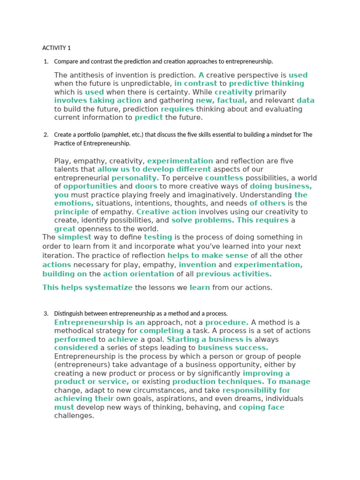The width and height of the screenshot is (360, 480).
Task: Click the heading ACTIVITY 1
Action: pos(56,48)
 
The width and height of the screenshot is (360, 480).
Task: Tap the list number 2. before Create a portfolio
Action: pos(46,135)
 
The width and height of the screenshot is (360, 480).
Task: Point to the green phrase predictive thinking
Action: pos(266,83)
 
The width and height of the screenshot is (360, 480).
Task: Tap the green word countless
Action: pos(224,178)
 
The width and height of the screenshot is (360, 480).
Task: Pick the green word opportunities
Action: pos(86,186)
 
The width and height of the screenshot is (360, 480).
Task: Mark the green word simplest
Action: pos(75,238)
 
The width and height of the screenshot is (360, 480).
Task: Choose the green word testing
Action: pos(158,238)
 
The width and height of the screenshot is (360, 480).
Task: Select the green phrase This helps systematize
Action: pos(88,288)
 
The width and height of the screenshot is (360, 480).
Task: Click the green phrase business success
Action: pos(233,348)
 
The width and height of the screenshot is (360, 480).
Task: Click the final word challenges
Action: pos(74,416)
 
